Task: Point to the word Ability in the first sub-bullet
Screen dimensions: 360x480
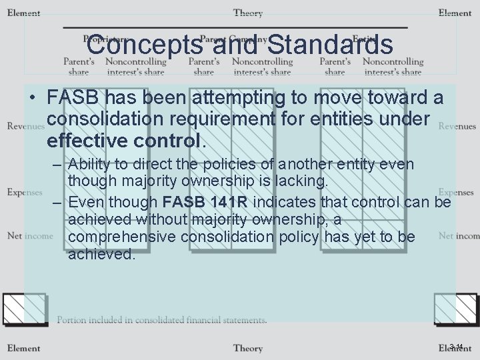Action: pos(90,164)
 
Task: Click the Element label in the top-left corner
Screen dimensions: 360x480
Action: pos(23,13)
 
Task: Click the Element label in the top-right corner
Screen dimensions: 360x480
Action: pos(455,13)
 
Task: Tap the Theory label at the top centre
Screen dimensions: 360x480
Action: pos(247,13)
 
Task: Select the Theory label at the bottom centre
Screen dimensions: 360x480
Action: pos(247,348)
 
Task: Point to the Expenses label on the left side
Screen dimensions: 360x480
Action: pos(25,192)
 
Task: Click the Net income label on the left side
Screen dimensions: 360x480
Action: pos(30,235)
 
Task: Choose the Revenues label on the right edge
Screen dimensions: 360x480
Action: pos(457,126)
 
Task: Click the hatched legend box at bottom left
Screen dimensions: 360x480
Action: pos(24,309)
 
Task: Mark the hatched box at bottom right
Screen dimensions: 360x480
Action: pos(455,309)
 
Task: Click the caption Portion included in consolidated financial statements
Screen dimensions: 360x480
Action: pos(162,320)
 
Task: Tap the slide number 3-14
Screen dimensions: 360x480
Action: pos(456,347)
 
